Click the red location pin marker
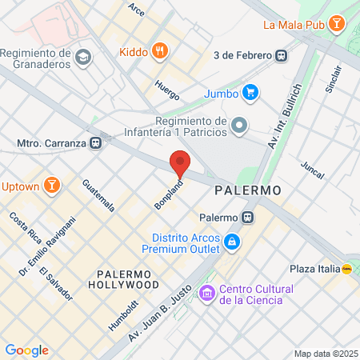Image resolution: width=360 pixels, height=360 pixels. pyautogui.click(x=181, y=163)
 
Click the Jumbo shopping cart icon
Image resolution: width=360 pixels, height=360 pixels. pyautogui.click(x=250, y=92)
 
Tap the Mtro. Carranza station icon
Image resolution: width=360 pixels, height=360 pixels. pyautogui.click(x=96, y=143)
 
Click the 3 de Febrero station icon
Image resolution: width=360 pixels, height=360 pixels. pyautogui.click(x=281, y=55)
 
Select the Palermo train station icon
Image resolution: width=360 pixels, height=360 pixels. pyautogui.click(x=250, y=216)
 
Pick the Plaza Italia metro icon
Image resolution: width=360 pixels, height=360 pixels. pyautogui.click(x=347, y=270)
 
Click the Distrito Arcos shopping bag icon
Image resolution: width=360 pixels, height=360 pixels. pyautogui.click(x=231, y=241)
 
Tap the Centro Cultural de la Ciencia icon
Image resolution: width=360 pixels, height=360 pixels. pyautogui.click(x=207, y=294)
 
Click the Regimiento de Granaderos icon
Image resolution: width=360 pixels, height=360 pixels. pyautogui.click(x=85, y=57)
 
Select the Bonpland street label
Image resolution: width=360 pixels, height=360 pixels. pyautogui.click(x=169, y=195)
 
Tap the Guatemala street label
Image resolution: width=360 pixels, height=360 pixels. pyautogui.click(x=99, y=195)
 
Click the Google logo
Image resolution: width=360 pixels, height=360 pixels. pyautogui.click(x=26, y=350)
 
